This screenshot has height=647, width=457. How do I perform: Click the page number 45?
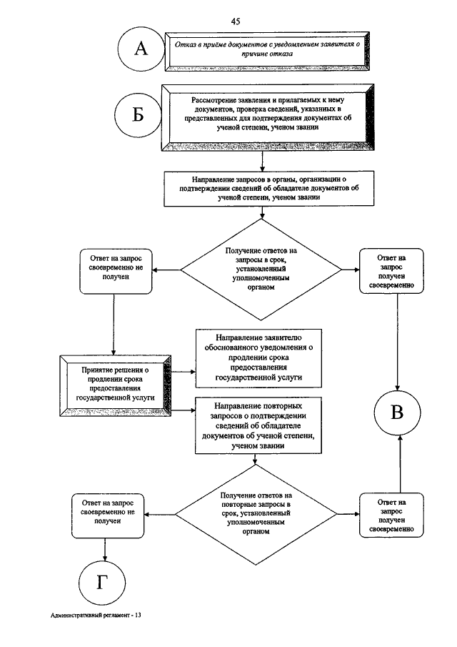click(236, 21)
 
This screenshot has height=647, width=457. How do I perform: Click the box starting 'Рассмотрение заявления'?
click(268, 117)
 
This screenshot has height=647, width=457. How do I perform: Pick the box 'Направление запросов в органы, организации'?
click(268, 189)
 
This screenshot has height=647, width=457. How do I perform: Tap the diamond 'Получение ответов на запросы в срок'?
click(261, 270)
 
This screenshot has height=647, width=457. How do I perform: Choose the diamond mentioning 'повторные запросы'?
click(256, 514)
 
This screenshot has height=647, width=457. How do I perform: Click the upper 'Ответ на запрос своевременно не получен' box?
click(116, 271)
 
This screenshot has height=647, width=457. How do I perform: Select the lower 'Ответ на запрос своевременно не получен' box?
click(108, 515)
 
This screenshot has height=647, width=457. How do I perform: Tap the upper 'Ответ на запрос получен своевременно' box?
click(391, 271)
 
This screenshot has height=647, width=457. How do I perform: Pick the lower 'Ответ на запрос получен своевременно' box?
click(391, 515)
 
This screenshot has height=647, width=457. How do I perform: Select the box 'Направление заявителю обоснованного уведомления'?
click(258, 358)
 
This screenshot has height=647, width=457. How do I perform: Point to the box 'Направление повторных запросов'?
click(258, 425)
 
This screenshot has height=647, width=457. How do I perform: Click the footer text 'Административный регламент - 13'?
click(96, 616)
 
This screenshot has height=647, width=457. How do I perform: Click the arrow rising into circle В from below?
click(400, 463)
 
